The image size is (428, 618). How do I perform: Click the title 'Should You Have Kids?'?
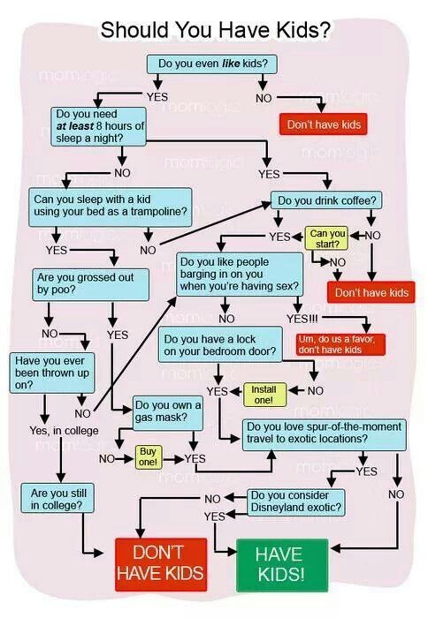tap(215, 31)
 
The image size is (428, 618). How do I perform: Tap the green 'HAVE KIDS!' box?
tap(282, 565)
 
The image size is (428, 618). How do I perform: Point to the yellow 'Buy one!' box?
tap(148, 456)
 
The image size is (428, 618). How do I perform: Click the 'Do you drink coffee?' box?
tap(326, 200)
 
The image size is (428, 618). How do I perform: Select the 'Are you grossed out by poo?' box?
tap(90, 284)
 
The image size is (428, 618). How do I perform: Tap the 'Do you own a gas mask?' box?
tap(168, 412)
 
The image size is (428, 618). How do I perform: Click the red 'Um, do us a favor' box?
tap(340, 344)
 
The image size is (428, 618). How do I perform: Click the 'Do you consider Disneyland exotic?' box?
tap(296, 502)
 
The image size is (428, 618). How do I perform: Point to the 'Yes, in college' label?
tap(64, 431)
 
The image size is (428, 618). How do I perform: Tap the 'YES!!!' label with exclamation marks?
tap(302, 318)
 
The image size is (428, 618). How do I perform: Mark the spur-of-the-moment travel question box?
tap(324, 433)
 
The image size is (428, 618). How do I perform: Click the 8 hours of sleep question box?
tap(98, 126)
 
